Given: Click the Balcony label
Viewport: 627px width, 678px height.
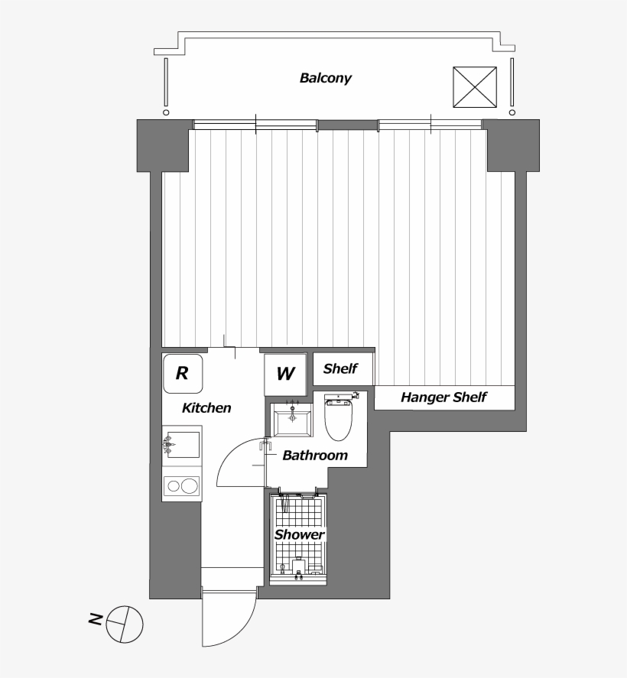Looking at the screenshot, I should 326,78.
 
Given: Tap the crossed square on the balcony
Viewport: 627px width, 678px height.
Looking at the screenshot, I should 475,88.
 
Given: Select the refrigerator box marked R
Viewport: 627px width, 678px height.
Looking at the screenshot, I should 183,373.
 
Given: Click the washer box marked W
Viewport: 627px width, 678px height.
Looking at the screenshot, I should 284,375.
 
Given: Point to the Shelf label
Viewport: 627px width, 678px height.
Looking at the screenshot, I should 341,369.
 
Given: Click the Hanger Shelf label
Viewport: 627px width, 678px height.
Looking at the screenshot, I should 443,397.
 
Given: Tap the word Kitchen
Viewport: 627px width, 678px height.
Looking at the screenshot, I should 206,408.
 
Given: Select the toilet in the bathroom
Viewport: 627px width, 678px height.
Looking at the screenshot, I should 337,417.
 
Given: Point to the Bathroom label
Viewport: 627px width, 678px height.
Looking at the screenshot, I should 315,456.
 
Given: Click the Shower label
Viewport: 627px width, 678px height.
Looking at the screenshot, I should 299,535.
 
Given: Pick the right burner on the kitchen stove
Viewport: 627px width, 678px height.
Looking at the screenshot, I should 190,485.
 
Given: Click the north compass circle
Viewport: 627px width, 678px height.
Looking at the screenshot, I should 125,624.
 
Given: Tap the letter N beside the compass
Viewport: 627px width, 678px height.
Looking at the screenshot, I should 95,619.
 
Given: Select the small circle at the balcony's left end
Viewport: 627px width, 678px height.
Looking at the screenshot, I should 165,112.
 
